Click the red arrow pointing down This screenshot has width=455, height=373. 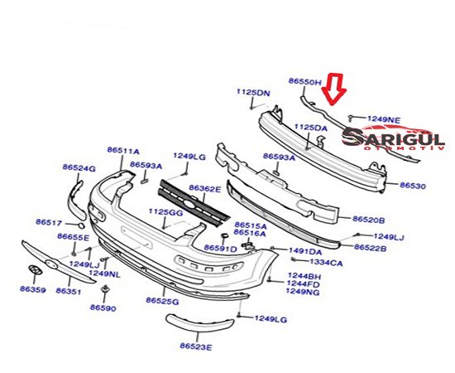click(334, 89)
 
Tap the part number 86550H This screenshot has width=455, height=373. click(305, 82)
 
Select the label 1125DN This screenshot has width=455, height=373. click(253, 93)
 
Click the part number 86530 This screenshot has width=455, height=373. click(412, 185)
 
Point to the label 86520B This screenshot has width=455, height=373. click(368, 220)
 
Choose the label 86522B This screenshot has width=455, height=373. click(371, 247)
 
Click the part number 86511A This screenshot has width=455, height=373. click(123, 151)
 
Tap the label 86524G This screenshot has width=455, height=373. click(79, 167)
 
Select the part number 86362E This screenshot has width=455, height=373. click(205, 189)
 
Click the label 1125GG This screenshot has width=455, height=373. click(165, 212)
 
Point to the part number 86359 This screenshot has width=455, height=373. click(33, 289)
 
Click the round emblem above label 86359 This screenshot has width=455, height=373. click(35, 269)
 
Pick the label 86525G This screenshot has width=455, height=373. click(162, 301)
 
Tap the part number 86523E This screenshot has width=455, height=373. click(196, 346)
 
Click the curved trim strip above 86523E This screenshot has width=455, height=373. click(199, 322)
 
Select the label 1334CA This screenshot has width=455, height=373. click(326, 263)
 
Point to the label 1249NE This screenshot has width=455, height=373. click(384, 119)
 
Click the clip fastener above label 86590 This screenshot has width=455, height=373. click(104, 289)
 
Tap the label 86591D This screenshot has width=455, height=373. click(221, 249)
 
